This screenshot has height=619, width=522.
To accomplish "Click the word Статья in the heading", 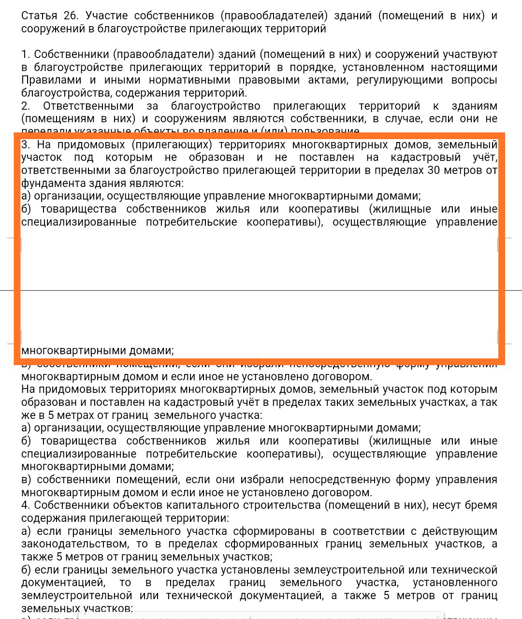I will [39, 15].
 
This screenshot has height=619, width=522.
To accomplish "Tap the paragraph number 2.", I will [26, 106].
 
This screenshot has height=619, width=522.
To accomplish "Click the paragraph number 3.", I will [26, 144].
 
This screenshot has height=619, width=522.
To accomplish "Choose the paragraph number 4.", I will [26, 505].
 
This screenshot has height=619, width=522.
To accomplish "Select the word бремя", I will [481, 505].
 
